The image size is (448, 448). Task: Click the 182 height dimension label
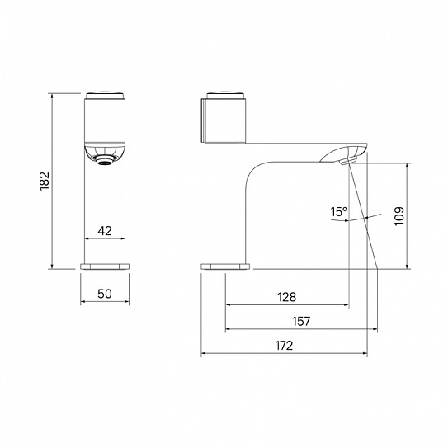click(45, 181)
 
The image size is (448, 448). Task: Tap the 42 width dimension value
click(105, 231)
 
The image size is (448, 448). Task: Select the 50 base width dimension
click(105, 294)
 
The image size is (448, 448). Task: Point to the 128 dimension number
click(287, 297)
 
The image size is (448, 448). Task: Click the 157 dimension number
click(301, 322)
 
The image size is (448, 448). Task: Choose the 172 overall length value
click(285, 346)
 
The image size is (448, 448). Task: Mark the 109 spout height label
click(399, 216)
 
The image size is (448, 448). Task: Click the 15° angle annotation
click(339, 212)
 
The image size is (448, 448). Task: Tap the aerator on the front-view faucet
click(105, 160)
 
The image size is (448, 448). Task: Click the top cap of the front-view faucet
click(105, 95)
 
